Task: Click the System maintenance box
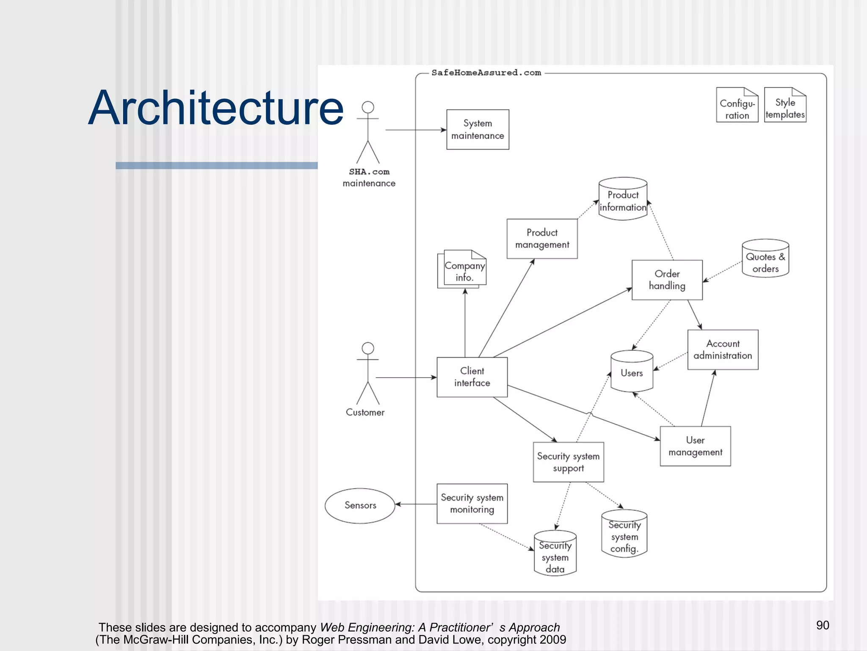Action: click(478, 129)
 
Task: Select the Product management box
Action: click(542, 239)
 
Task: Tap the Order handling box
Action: click(667, 280)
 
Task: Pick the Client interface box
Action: click(472, 377)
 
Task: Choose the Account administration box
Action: click(723, 350)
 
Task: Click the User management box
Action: click(695, 446)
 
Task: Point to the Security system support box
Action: click(568, 462)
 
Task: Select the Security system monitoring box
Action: click(472, 504)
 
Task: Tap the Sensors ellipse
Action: click(360, 505)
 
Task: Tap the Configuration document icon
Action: click(737, 106)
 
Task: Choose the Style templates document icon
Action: click(785, 106)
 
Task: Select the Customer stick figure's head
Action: click(368, 348)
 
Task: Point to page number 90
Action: click(823, 625)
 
